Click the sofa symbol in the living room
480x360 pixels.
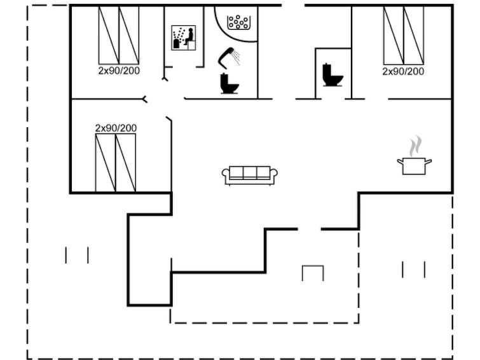tap(250, 176)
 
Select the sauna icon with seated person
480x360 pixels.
tap(183, 38)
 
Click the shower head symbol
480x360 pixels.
tap(229, 58)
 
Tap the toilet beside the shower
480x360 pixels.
tap(229, 83)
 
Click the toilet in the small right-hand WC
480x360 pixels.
tap(333, 75)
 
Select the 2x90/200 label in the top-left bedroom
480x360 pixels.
tap(119, 71)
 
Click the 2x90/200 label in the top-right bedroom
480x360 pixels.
tap(403, 71)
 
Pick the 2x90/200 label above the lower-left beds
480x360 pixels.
tap(116, 128)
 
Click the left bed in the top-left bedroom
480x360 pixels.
tap(109, 35)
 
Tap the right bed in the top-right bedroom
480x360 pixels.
tap(414, 36)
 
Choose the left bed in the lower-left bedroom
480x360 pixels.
tap(106, 163)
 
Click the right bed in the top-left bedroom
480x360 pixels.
tap(129, 35)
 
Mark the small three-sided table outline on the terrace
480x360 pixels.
tap(313, 273)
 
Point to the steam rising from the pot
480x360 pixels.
tap(415, 146)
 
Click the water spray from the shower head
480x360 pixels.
tap(237, 58)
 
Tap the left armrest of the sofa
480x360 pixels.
tap(226, 174)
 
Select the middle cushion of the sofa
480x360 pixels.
tap(250, 172)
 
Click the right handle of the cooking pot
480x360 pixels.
tap(429, 162)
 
